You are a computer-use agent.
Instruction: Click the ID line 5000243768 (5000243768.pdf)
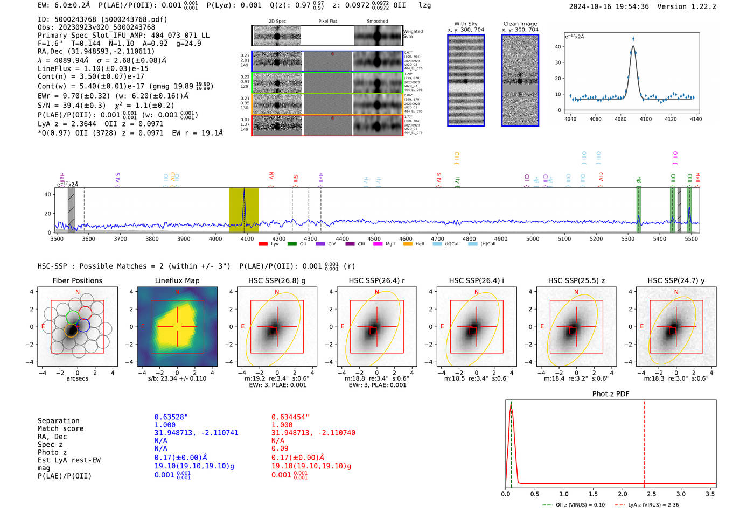point(102,19)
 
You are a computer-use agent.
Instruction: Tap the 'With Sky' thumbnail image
point(466,80)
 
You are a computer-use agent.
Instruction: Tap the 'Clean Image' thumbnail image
point(520,80)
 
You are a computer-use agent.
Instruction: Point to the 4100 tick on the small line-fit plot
point(645,119)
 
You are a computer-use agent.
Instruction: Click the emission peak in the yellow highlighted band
point(244,191)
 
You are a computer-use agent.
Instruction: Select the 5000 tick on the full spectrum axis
point(533,238)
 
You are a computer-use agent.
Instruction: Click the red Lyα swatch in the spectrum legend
point(263,244)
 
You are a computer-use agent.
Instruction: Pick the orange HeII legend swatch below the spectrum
point(408,244)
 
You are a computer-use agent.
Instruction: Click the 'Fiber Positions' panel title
point(77,280)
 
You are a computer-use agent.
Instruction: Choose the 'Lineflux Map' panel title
point(177,280)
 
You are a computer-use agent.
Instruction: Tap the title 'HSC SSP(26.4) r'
point(376,280)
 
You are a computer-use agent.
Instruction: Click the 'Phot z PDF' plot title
point(611,394)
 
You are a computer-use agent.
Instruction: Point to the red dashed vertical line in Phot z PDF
point(644,441)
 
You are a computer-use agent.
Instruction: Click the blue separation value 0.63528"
point(171,417)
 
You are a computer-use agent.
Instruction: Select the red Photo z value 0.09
point(280,448)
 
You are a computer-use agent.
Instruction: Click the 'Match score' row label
point(60,428)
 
